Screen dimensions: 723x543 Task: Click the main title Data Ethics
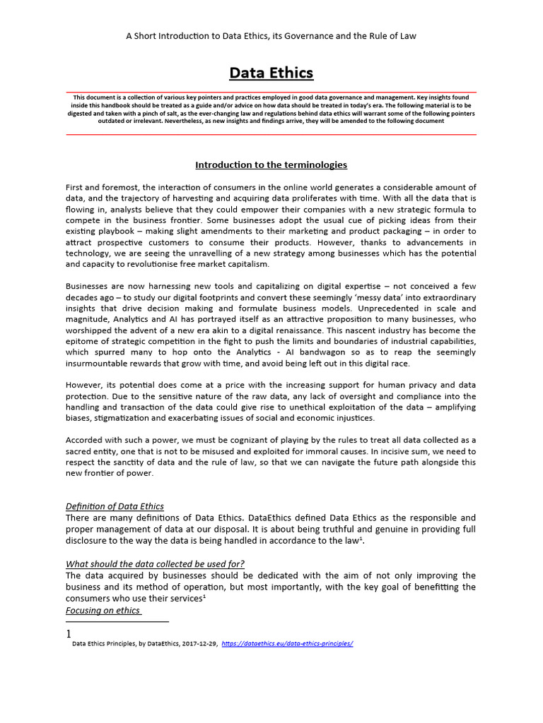[x=271, y=73]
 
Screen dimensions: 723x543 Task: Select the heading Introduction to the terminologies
[x=271, y=165]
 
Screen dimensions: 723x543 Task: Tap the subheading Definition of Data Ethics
[x=115, y=506]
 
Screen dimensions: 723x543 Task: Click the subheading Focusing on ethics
[x=103, y=610]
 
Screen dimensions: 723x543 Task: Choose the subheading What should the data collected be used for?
[x=160, y=563]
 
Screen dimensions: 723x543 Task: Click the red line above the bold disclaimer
[x=271, y=92]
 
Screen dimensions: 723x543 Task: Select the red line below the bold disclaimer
[x=271, y=134]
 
